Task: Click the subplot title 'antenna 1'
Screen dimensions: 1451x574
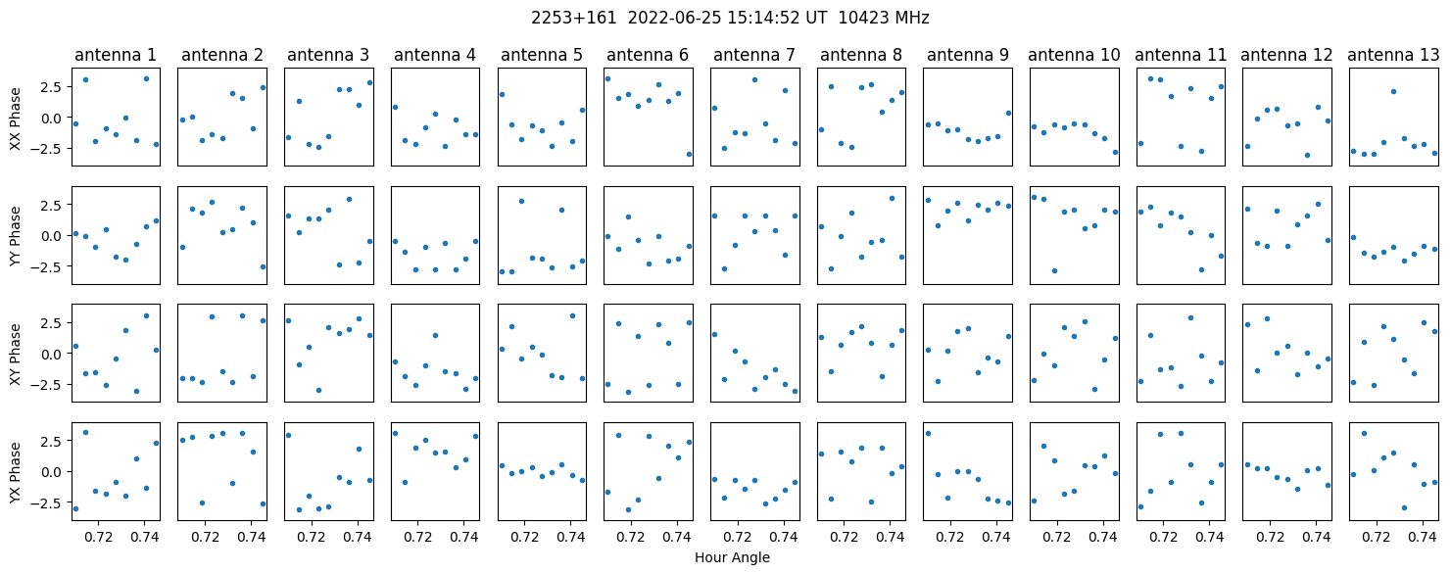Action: (x=116, y=56)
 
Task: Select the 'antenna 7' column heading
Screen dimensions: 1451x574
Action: (x=754, y=56)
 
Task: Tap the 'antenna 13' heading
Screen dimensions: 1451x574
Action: (x=1393, y=56)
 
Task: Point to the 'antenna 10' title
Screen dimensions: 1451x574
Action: (x=1074, y=56)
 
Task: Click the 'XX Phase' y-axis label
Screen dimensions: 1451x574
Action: (x=15, y=118)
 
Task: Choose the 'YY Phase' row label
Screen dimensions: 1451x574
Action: (x=15, y=236)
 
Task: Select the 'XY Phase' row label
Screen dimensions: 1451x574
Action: (x=15, y=354)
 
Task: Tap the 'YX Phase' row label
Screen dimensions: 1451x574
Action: (x=15, y=472)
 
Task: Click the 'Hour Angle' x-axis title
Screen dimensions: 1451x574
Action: (x=732, y=557)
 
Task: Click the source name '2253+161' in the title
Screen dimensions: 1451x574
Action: (x=573, y=18)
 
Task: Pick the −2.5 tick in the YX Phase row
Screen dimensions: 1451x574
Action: (x=51, y=502)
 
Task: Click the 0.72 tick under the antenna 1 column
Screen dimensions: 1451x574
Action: (x=98, y=537)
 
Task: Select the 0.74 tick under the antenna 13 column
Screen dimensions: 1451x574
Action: (x=1423, y=537)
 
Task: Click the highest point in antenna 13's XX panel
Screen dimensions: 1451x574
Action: (x=1394, y=91)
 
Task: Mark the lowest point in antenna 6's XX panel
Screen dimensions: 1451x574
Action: (x=689, y=154)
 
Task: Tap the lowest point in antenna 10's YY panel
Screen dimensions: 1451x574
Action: (x=1054, y=270)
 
